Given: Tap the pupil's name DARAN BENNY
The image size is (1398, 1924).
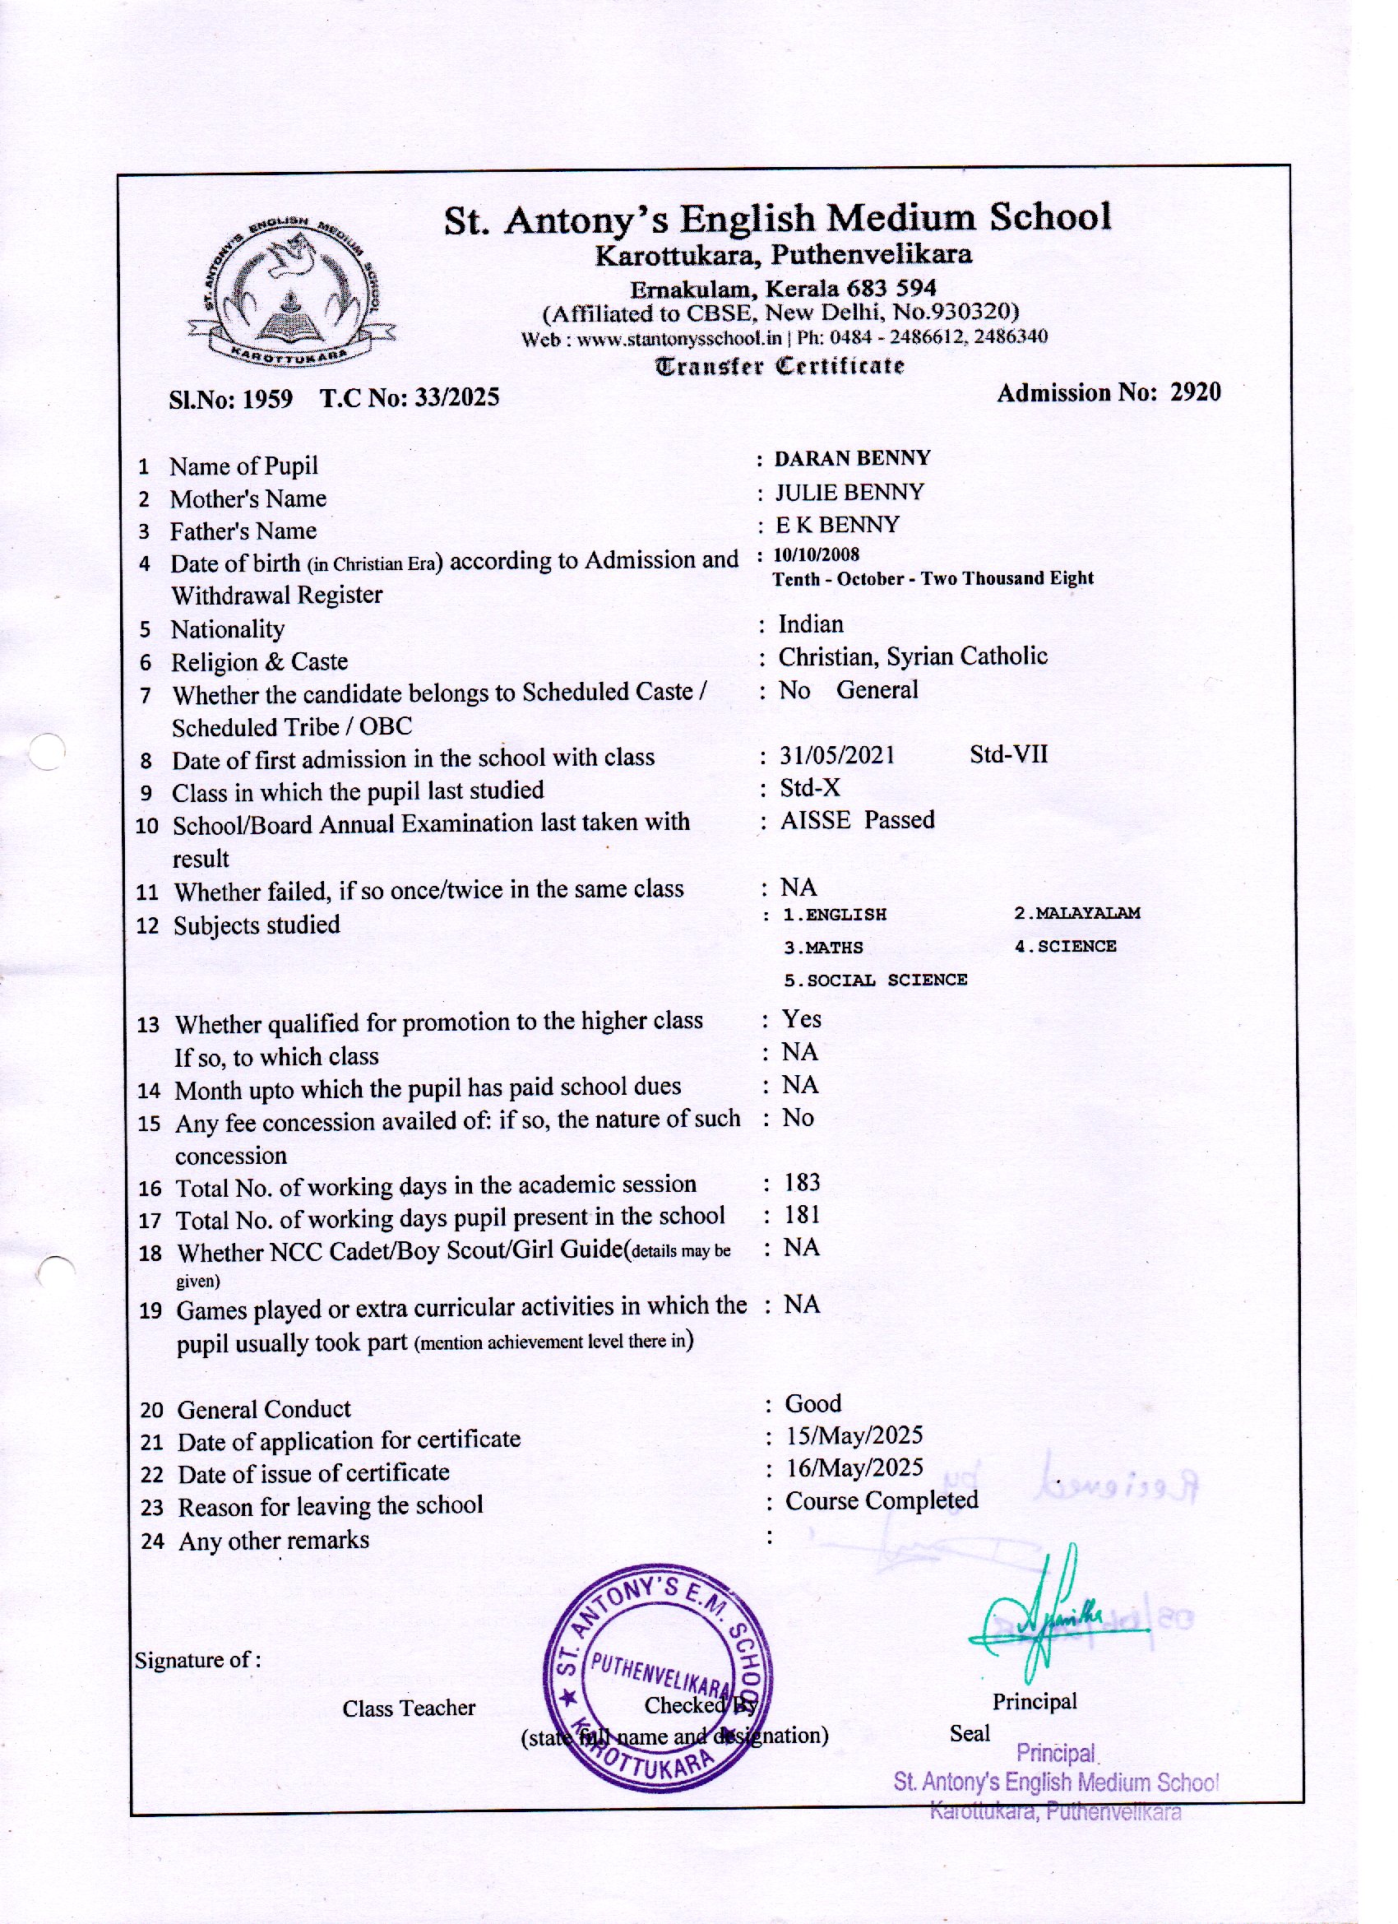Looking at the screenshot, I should [x=852, y=459].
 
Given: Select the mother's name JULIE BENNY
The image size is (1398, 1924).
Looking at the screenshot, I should [x=849, y=493].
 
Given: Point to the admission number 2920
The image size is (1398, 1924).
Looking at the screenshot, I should [x=1195, y=392].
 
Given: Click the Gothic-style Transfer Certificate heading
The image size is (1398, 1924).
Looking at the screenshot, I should [x=780, y=367].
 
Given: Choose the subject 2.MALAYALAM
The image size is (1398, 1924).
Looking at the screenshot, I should [x=1076, y=914].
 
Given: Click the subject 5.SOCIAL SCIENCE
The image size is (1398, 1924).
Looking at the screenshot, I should [x=875, y=981].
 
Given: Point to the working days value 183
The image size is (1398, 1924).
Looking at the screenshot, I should [x=802, y=1184].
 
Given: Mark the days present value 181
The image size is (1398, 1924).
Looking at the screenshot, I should [x=802, y=1216].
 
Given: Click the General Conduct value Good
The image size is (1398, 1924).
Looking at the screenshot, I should [x=812, y=1404].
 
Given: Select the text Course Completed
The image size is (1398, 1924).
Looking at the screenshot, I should [x=882, y=1500].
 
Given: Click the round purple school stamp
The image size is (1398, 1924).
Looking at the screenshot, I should [x=657, y=1679].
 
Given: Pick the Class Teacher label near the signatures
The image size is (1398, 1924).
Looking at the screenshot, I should [x=409, y=1708].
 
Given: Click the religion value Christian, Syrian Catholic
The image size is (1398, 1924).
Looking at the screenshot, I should [x=913, y=656].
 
